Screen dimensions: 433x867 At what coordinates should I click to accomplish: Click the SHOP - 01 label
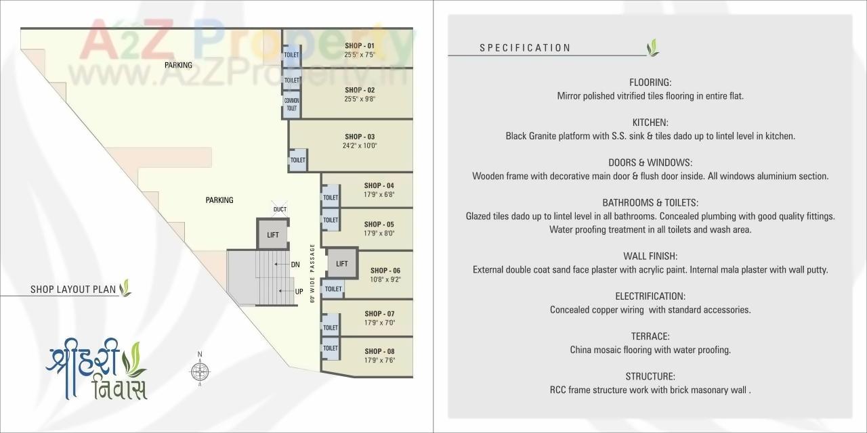click(x=359, y=45)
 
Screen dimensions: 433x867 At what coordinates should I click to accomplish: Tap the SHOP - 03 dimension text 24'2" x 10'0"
click(x=359, y=145)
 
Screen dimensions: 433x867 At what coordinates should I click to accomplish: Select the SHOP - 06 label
click(x=385, y=271)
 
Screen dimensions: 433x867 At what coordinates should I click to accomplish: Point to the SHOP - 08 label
click(x=379, y=351)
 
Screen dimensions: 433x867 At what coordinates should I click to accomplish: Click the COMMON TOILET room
click(x=291, y=105)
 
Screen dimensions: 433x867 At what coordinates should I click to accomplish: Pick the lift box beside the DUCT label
click(x=272, y=235)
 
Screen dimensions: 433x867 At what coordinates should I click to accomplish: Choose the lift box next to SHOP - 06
click(x=342, y=264)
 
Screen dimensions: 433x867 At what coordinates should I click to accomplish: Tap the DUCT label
click(x=280, y=210)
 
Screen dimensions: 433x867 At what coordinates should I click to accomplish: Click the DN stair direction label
click(x=295, y=265)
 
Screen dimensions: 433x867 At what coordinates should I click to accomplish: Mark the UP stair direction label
click(x=299, y=292)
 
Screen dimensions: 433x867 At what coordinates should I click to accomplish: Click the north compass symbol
click(x=200, y=370)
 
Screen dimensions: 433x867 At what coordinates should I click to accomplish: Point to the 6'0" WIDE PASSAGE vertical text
click(x=313, y=272)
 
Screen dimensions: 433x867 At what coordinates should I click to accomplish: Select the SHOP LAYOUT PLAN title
click(x=74, y=290)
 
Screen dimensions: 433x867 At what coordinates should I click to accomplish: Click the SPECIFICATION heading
click(x=525, y=48)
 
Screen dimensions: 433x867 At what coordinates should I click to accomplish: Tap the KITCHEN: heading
click(x=650, y=122)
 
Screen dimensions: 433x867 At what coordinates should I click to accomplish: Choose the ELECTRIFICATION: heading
click(x=650, y=296)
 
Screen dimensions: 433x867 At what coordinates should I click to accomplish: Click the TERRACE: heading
click(x=650, y=336)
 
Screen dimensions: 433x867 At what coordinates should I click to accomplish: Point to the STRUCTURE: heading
click(x=650, y=376)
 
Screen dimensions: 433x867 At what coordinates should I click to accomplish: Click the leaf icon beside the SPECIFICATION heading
click(x=653, y=47)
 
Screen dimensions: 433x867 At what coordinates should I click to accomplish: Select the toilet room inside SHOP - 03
click(x=298, y=160)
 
